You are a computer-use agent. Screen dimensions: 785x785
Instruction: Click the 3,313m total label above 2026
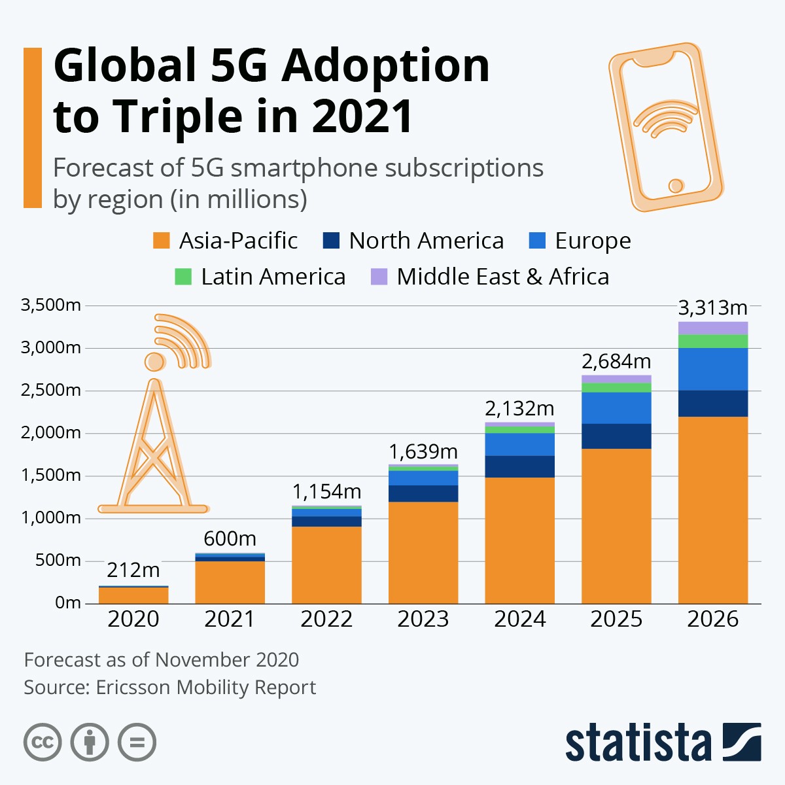coord(712,307)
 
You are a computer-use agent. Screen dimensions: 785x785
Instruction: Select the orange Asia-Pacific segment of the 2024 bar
coord(519,540)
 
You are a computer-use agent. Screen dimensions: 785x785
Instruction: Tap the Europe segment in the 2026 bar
coord(712,369)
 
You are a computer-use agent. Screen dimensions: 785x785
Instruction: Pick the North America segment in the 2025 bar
coord(616,436)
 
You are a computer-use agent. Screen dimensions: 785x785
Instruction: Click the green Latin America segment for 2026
coord(712,341)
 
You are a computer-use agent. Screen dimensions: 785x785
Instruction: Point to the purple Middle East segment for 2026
coord(712,328)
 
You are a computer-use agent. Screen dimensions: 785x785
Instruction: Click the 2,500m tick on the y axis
coord(51,391)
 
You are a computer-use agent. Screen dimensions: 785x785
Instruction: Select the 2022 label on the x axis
coord(326,619)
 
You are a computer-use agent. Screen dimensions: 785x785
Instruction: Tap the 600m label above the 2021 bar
coord(230,538)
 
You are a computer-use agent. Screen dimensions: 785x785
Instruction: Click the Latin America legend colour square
coord(183,277)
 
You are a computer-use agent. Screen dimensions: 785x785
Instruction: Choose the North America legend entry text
coord(426,241)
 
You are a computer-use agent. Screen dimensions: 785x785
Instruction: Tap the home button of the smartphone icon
coord(676,186)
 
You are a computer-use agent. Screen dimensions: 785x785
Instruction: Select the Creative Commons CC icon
coord(43,742)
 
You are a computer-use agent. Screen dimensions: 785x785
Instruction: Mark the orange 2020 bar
coord(133,595)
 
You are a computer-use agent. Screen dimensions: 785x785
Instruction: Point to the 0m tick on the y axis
coord(67,602)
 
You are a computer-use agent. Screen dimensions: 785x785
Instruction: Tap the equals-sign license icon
coord(137,742)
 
